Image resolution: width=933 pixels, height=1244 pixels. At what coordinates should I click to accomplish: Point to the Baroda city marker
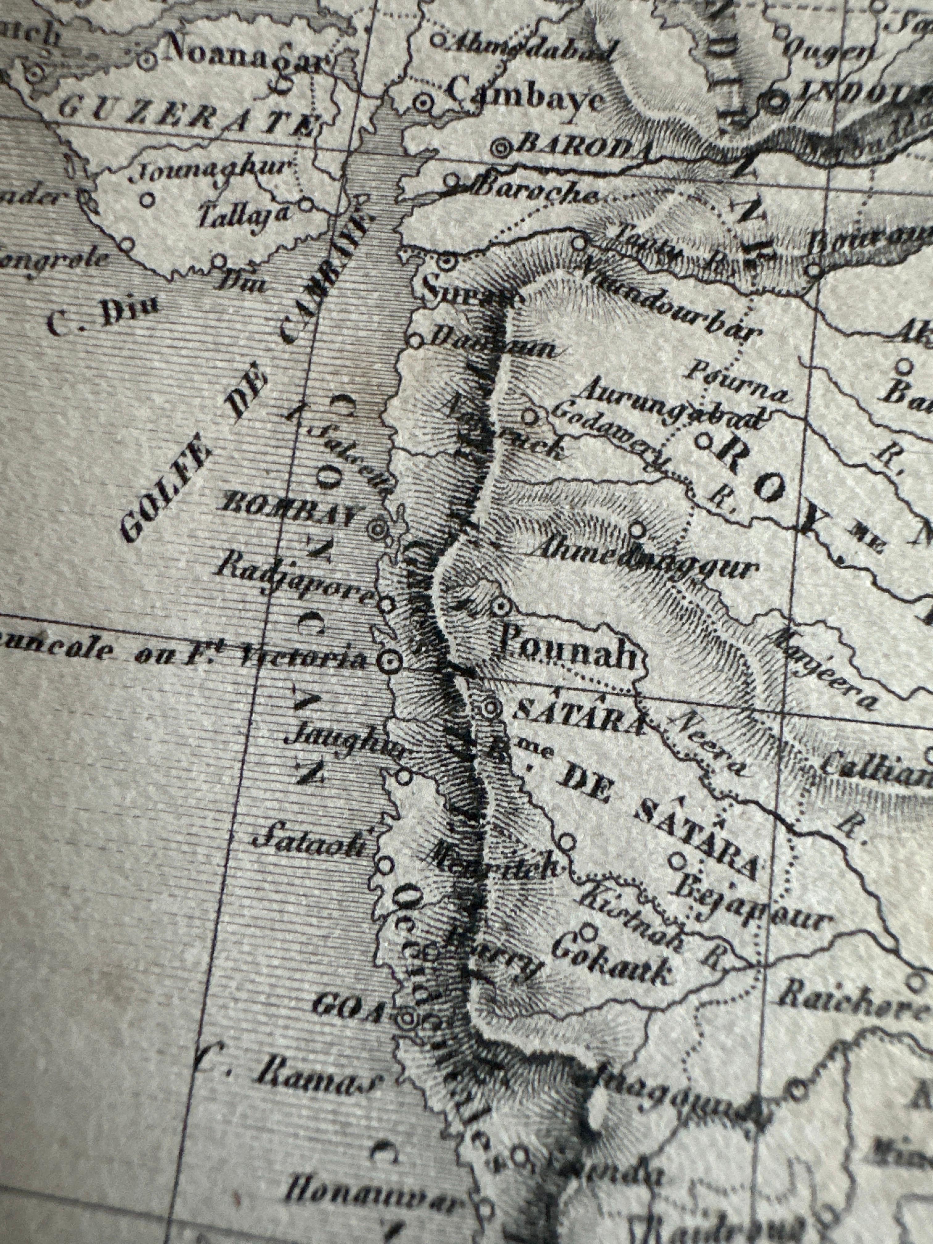500,148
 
